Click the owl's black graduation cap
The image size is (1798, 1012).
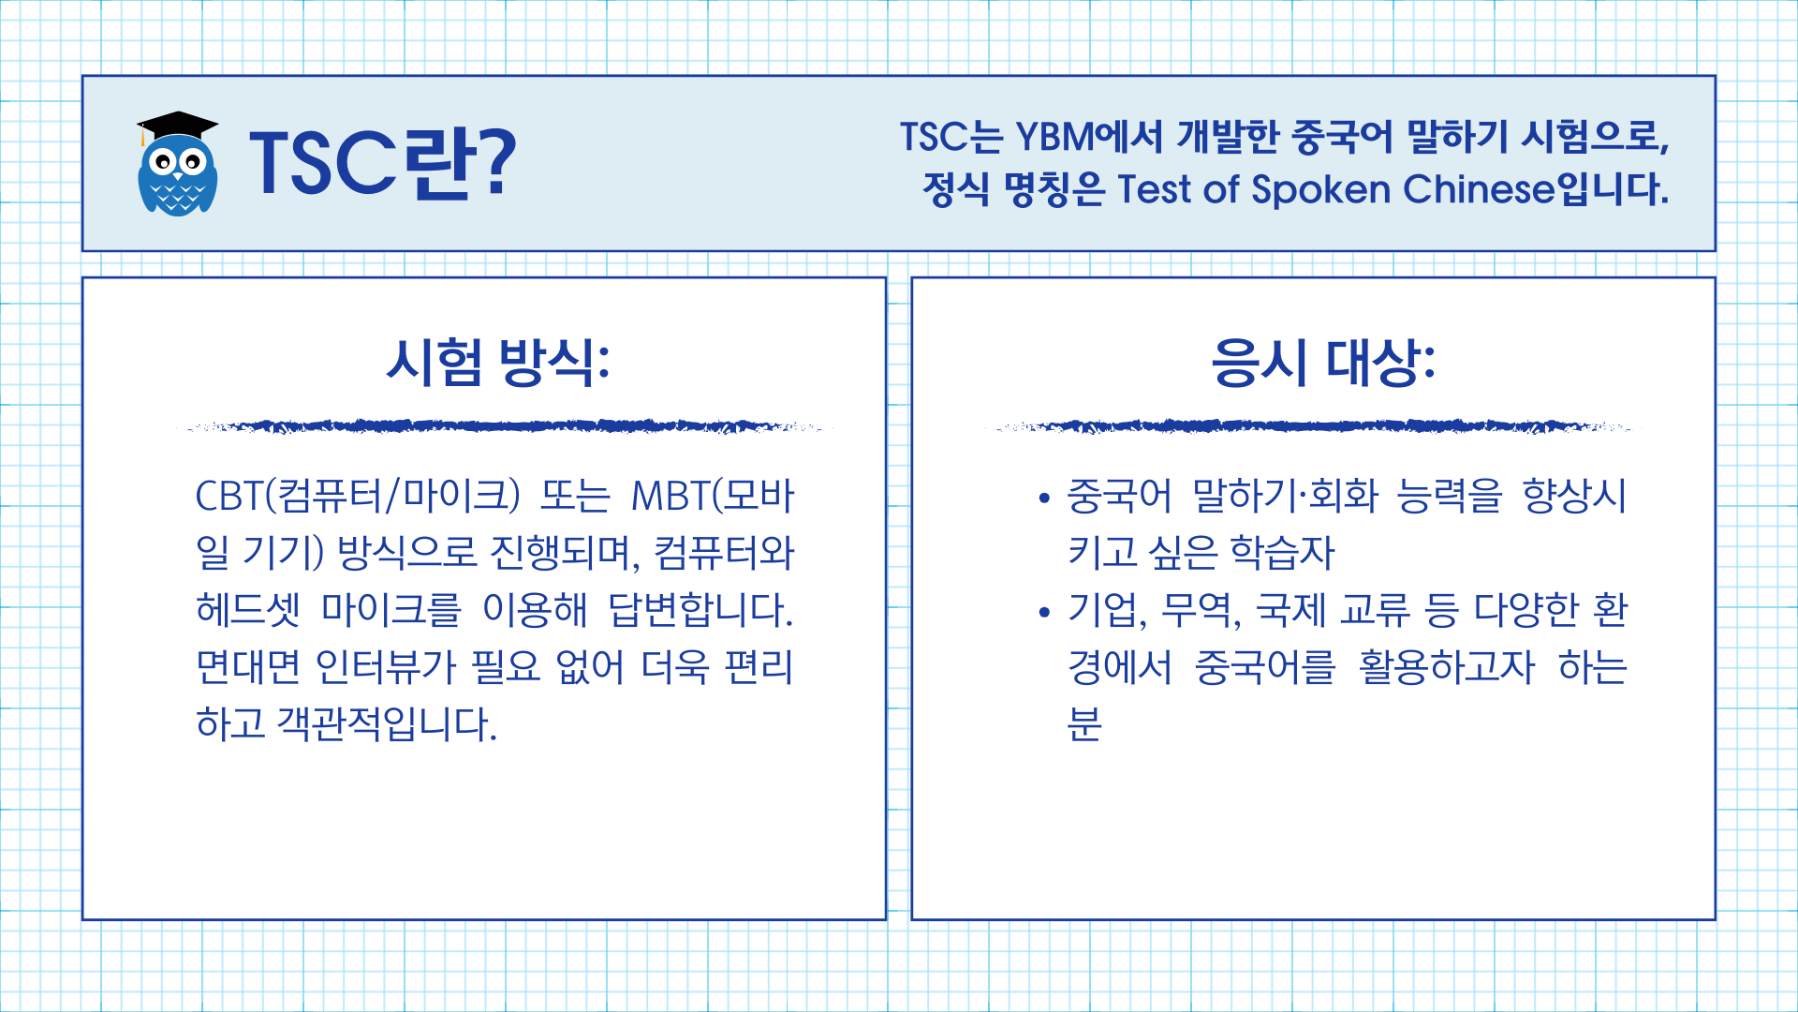pyautogui.click(x=177, y=125)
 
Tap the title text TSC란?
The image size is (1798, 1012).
pyautogui.click(x=382, y=163)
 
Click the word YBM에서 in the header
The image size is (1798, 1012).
pyautogui.click(x=1089, y=137)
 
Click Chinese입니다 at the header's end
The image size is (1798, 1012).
pyautogui.click(x=1536, y=189)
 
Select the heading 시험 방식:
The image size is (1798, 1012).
pyautogui.click(x=498, y=362)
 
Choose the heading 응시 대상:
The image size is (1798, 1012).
pyautogui.click(x=1323, y=362)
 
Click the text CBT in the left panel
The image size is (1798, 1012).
pyautogui.click(x=228, y=496)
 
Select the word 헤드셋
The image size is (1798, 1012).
pyautogui.click(x=248, y=610)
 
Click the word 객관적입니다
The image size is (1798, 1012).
pyautogui.click(x=387, y=724)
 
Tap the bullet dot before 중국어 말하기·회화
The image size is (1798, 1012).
pyautogui.click(x=1045, y=499)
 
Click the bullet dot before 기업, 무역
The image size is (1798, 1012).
pyautogui.click(x=1045, y=613)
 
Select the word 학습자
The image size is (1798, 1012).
pyautogui.click(x=1282, y=553)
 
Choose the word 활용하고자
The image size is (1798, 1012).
pyautogui.click(x=1447, y=667)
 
